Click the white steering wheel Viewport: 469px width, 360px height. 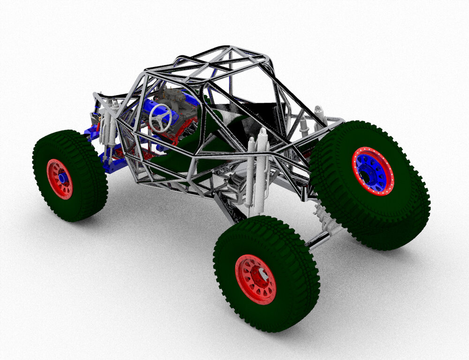(x=160, y=117)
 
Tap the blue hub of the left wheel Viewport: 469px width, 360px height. (x=61, y=178)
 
